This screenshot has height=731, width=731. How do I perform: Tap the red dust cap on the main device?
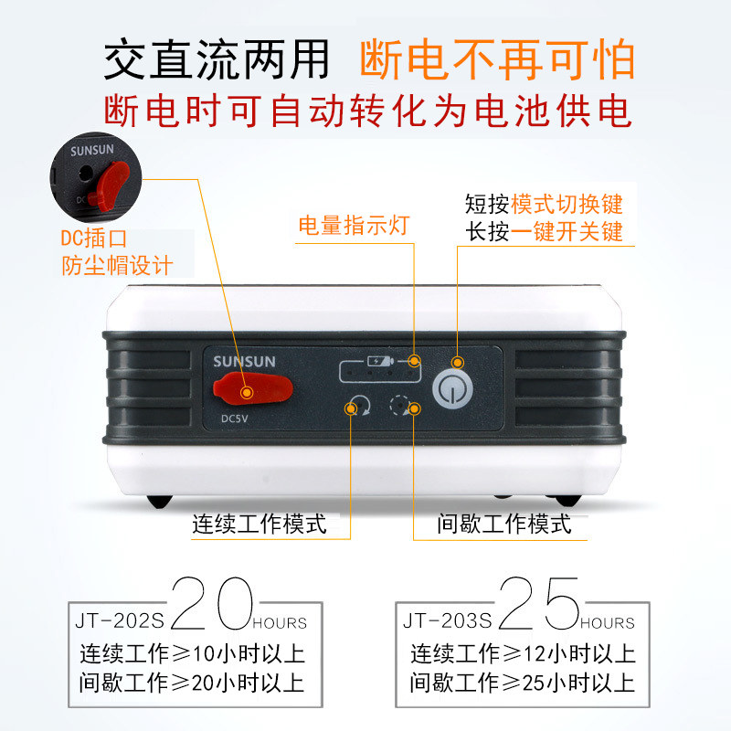point(253,388)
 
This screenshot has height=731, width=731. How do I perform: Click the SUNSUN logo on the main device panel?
point(244,361)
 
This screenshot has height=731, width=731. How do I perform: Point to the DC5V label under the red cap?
point(235,418)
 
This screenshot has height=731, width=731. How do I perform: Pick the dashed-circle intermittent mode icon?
point(400,405)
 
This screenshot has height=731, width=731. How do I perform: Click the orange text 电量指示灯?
point(354,225)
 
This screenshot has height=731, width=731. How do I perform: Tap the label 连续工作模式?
point(260,524)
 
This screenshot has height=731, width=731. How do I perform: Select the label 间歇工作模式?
point(504,524)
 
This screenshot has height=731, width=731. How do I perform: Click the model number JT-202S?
point(120,620)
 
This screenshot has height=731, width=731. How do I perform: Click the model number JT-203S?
point(448,620)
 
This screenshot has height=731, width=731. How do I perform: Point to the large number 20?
point(212,603)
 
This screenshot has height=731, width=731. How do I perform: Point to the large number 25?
point(539,603)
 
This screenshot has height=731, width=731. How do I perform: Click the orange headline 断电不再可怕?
point(497,59)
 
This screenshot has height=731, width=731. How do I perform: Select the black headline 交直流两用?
point(217,59)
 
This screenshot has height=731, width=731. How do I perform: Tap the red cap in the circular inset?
point(110,185)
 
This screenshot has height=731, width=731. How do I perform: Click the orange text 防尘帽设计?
point(117,266)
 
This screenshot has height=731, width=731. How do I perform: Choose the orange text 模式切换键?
point(567,204)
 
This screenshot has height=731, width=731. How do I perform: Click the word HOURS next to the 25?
point(607,623)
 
